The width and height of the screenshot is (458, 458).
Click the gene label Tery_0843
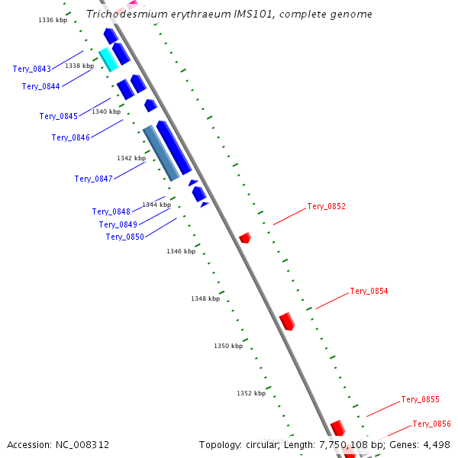[32, 69]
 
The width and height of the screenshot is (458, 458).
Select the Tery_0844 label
[41, 86]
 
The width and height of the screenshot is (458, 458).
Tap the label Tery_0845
[59, 116]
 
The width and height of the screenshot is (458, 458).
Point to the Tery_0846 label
[71, 137]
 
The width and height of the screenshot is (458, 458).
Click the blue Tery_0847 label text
[94, 179]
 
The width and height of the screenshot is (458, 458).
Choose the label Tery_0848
[111, 211]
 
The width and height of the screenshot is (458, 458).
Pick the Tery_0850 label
[125, 237]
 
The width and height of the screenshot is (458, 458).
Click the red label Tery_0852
[326, 206]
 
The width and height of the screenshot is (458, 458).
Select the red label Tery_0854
[369, 291]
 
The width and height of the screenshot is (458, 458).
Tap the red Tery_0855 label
[420, 399]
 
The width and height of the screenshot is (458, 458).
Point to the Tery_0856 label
[432, 424]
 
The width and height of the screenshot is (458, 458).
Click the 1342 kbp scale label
[131, 158]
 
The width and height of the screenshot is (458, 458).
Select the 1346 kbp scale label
[181, 251]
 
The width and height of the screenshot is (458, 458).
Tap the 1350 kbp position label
[228, 346]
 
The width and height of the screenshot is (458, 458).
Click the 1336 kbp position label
[53, 20]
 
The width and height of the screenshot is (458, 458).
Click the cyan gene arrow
[108, 60]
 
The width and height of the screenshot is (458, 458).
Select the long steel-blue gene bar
[161, 153]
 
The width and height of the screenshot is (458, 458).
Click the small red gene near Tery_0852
[245, 238]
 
